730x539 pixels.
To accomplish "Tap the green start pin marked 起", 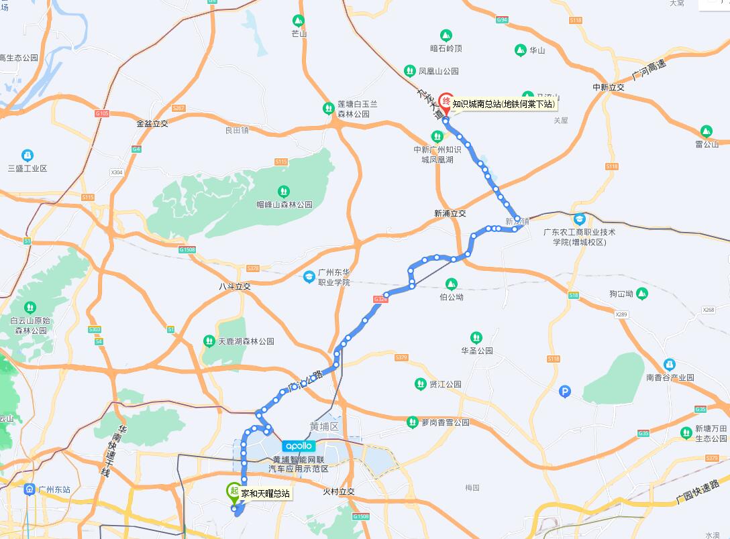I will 233,491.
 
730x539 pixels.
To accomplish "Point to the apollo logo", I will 299,446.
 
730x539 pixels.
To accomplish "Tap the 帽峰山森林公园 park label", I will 284,204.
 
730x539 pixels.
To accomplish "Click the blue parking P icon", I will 565,392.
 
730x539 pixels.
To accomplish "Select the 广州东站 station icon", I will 29,489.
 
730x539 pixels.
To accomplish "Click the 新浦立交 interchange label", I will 450,213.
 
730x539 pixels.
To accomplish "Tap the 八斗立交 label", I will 234,286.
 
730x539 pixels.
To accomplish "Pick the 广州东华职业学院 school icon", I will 309,276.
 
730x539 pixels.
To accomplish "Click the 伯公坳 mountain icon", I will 451,284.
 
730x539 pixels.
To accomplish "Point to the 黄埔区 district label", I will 325,426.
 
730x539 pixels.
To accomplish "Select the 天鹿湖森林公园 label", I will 246,341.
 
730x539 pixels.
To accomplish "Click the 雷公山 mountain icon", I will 706,131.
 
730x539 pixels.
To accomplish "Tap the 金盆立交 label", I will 152,123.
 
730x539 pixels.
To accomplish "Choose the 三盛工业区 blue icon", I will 27,156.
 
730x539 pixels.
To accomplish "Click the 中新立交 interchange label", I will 608,87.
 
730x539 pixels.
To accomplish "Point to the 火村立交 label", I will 338,491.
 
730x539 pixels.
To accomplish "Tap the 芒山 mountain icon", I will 299,21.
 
